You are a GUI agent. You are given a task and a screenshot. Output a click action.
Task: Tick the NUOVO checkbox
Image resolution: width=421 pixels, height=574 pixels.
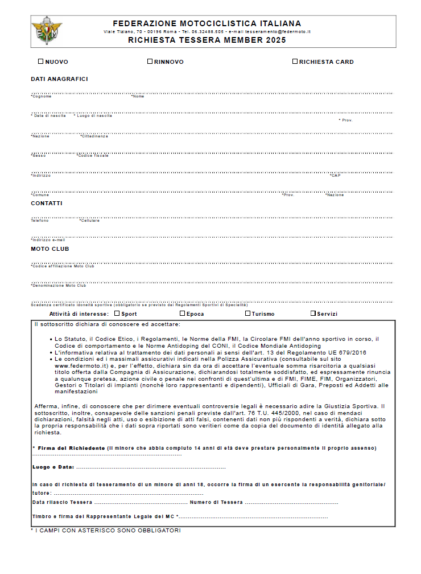tap(40, 61)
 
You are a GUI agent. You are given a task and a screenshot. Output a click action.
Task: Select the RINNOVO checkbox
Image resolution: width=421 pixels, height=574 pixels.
tap(150, 61)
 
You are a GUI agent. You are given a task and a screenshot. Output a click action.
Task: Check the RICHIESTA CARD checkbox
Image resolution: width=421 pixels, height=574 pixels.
tap(295, 61)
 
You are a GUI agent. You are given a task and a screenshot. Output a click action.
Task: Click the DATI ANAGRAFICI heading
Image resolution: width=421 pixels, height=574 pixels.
tap(59, 79)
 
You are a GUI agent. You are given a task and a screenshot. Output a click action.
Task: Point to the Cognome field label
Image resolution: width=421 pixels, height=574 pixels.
tap(41, 96)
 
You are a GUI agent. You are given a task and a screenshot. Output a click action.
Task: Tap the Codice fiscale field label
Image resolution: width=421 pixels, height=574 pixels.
tap(93, 156)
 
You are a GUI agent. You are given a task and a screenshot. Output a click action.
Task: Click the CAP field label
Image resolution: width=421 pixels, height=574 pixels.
tap(336, 176)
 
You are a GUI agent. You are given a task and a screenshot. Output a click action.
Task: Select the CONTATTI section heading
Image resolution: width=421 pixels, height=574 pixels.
tap(47, 203)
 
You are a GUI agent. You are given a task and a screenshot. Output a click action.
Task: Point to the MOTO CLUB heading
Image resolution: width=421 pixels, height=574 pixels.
tap(50, 249)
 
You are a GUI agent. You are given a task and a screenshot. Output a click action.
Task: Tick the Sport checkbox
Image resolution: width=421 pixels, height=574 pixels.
tap(117, 313)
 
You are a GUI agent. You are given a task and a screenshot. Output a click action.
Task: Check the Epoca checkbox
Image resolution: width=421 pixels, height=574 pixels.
tap(183, 313)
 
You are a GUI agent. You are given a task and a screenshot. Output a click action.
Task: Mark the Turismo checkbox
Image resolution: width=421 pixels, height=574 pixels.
tap(248, 313)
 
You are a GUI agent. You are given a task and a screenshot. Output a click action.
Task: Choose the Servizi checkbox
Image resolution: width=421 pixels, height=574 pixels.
tap(313, 313)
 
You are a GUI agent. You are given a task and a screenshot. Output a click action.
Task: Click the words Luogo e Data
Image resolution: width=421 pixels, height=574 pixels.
tap(53, 467)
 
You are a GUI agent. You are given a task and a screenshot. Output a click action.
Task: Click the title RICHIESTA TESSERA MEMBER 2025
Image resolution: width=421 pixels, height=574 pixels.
tap(207, 40)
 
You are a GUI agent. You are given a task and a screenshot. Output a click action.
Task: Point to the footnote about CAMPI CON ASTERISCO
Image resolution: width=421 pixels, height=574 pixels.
tap(107, 531)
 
